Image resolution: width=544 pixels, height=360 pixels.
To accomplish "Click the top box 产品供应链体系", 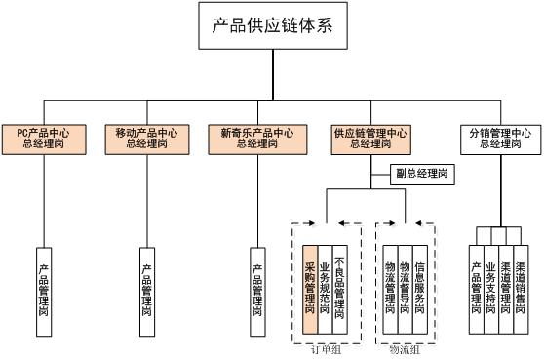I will (x=272, y=26).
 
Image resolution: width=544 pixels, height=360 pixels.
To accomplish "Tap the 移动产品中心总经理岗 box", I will (x=146, y=138).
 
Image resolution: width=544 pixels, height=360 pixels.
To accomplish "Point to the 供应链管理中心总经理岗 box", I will (x=370, y=138).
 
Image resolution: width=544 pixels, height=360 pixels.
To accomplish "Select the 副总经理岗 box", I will (x=421, y=174).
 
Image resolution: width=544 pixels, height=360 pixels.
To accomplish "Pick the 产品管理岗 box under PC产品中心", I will (x=44, y=290).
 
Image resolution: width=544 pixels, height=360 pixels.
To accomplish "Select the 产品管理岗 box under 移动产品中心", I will (x=146, y=290).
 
